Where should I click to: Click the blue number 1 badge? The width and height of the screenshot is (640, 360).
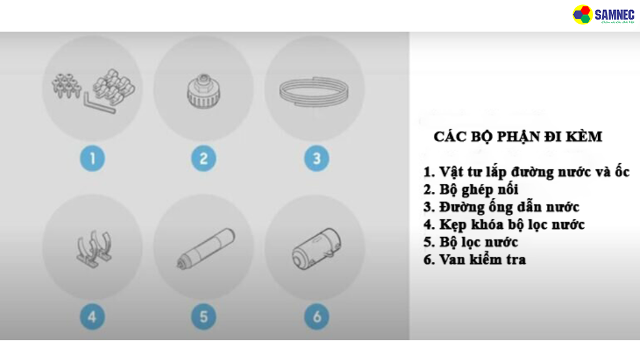(92, 158)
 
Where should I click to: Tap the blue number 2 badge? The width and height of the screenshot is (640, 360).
(204, 158)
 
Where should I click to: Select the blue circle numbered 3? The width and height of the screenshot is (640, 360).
(316, 158)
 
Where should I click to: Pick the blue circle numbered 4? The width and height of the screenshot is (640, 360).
(92, 317)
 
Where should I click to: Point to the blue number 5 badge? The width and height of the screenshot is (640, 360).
(204, 317)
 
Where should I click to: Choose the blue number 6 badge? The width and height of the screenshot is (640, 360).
(316, 317)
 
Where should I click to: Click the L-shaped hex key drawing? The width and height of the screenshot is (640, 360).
(100, 104)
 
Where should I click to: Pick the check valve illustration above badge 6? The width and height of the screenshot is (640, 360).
(315, 249)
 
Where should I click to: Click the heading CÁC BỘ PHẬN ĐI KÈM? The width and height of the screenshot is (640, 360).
(517, 136)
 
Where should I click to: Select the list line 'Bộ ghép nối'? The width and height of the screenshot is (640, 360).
(471, 189)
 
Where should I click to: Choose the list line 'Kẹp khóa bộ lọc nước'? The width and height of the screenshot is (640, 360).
(504, 224)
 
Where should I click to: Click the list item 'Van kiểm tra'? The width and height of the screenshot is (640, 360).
(474, 259)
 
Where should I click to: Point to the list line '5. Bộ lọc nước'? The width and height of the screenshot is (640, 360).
(471, 241)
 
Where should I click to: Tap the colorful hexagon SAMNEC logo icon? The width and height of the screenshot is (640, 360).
(582, 14)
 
